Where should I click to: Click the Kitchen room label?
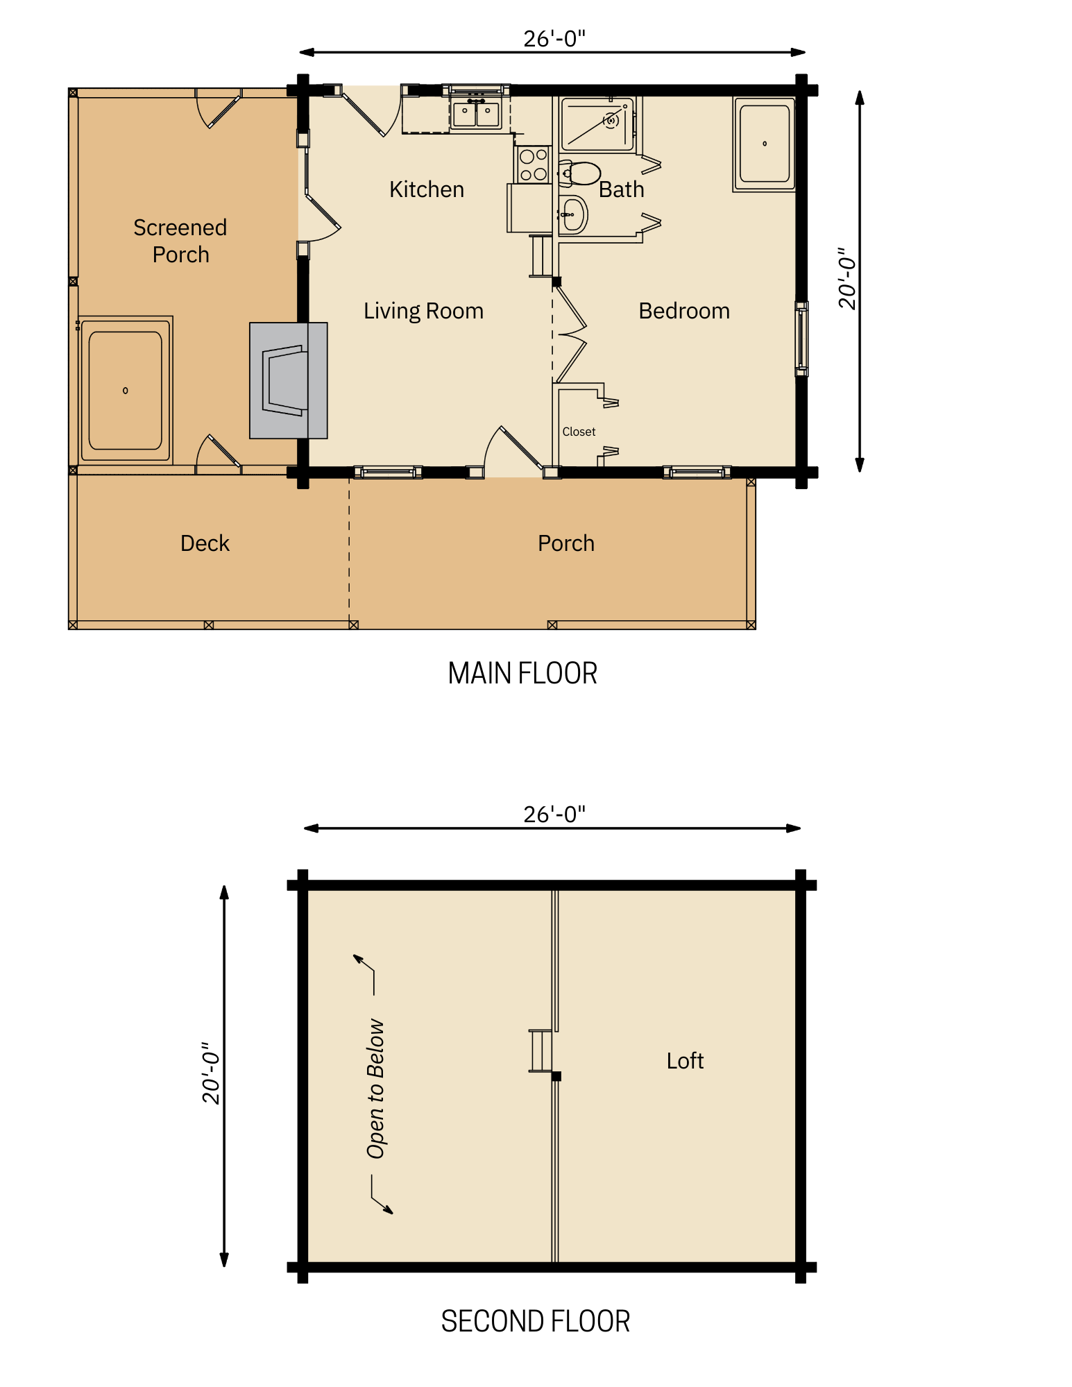coord(426,189)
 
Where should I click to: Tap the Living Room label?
coord(423,311)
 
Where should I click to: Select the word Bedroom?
coord(683,311)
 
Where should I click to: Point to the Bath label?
coord(621,189)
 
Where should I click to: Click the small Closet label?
coord(579,432)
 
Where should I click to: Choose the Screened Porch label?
coord(180,241)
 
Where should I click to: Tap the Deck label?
coord(205,543)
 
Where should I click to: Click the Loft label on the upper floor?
coord(685,1061)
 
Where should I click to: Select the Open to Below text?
coord(375,1089)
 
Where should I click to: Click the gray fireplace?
coord(288,380)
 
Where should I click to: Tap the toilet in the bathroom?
coord(580,173)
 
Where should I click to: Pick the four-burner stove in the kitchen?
coord(533,164)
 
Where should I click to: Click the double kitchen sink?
coord(476,114)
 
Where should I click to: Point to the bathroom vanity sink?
coord(572,215)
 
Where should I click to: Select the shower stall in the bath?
coord(597,124)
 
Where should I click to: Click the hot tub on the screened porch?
coord(126,390)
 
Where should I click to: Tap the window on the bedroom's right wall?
coord(801,339)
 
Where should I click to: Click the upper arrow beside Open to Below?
coord(365,968)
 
